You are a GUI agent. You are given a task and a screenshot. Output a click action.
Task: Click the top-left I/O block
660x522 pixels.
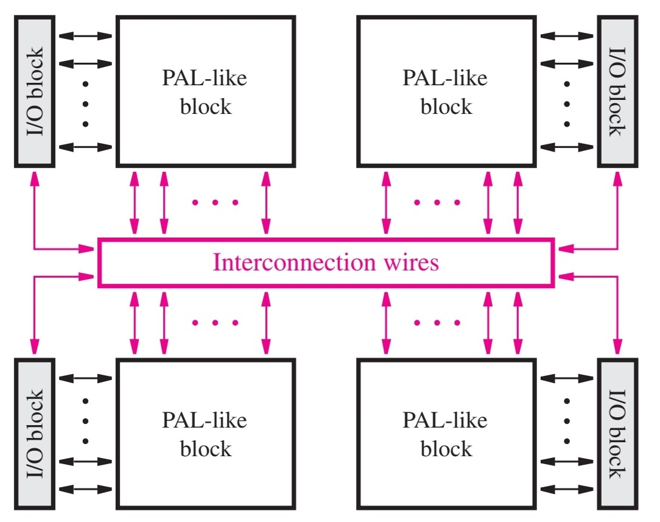[x=35, y=91]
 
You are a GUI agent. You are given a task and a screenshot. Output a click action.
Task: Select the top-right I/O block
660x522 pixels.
[x=617, y=91]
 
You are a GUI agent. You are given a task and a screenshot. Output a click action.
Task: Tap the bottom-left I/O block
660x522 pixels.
[x=35, y=434]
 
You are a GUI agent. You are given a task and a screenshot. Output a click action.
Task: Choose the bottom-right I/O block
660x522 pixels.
[x=617, y=434]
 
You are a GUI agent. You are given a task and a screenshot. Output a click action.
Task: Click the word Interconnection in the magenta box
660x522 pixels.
[x=294, y=263]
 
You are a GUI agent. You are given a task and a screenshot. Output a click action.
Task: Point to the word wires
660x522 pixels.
[x=411, y=263]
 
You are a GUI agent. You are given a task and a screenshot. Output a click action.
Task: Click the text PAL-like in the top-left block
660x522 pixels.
[x=205, y=78]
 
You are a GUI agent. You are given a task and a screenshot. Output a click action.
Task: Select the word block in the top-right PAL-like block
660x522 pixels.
[x=446, y=107]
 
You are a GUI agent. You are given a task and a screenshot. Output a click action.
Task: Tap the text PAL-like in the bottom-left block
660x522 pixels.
[x=205, y=420]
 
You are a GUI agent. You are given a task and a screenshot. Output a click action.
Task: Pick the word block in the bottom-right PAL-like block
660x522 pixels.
[x=446, y=449]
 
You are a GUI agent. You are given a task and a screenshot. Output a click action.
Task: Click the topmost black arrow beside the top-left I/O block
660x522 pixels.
[x=85, y=36]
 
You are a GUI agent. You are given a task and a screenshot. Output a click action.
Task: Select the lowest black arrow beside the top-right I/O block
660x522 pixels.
[x=567, y=147]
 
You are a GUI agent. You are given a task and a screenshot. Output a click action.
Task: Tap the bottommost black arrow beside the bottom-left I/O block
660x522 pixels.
[x=85, y=490]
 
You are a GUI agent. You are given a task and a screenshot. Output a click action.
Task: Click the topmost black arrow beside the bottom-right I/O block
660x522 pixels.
[x=567, y=378]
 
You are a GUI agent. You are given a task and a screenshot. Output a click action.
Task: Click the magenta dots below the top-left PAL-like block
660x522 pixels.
[x=215, y=202]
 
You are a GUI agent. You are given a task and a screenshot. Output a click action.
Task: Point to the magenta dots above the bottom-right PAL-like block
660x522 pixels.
[x=437, y=323]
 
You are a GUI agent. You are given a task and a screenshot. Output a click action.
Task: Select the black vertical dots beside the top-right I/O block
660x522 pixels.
[x=567, y=104]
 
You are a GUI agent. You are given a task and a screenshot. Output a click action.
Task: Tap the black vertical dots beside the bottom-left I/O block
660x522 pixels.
[x=85, y=421]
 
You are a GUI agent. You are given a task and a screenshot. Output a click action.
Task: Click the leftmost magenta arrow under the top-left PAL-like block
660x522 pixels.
[x=135, y=202]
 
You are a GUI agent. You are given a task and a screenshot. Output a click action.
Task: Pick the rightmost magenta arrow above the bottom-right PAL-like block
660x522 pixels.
[x=518, y=323]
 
